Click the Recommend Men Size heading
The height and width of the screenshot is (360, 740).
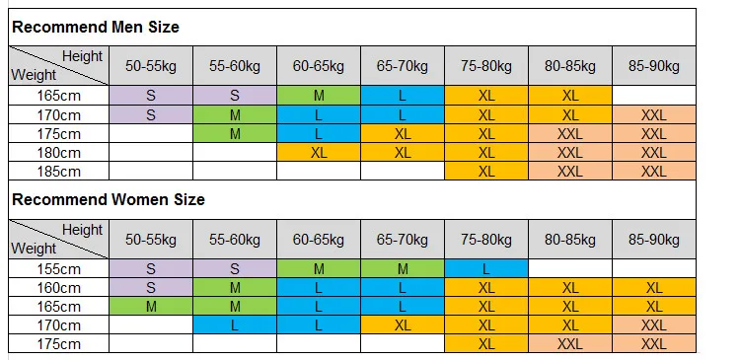(96, 27)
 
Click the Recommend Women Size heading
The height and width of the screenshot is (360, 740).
(109, 199)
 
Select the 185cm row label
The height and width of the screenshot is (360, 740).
(59, 172)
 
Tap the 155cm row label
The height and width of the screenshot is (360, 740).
(59, 269)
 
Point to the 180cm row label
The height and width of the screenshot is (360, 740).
(59, 153)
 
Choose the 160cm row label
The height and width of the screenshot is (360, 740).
(59, 288)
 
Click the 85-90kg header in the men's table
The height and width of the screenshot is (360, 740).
(653, 66)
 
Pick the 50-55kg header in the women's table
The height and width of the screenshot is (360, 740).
(151, 240)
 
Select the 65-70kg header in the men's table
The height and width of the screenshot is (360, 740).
(403, 66)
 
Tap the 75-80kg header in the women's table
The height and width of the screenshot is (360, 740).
(486, 240)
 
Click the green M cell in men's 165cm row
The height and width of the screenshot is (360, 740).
(319, 96)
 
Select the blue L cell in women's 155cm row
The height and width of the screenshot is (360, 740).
(486, 269)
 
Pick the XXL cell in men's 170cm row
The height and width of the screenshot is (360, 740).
(653, 115)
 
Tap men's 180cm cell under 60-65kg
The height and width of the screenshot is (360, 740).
(319, 153)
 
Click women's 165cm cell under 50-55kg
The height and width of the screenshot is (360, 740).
(151, 307)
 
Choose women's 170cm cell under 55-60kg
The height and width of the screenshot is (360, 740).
(235, 325)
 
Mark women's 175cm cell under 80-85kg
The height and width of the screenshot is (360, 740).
(570, 344)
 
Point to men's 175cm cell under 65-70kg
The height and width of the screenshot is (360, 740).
(403, 134)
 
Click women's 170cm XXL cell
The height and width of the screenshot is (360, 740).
(653, 325)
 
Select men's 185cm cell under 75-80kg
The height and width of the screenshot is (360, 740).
(486, 172)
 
